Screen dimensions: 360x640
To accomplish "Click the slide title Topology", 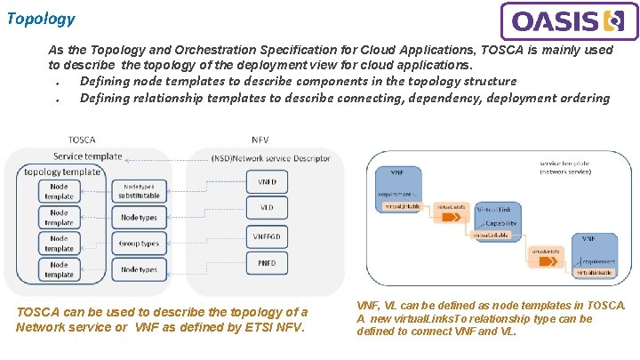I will pyautogui.click(x=41, y=18).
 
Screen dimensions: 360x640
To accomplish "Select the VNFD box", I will pyautogui.click(x=266, y=182).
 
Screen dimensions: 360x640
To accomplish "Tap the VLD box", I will pyautogui.click(x=266, y=209).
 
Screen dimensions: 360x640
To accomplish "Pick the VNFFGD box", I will pyautogui.click(x=266, y=236).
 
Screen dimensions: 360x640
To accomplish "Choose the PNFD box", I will pyautogui.click(x=266, y=263).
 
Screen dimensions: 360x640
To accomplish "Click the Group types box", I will pyautogui.click(x=139, y=243).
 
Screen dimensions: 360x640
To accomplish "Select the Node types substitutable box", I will pyautogui.click(x=139, y=191).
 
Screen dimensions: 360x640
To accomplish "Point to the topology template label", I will pyautogui.click(x=62, y=172).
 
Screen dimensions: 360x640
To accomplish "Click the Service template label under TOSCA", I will pyautogui.click(x=87, y=156).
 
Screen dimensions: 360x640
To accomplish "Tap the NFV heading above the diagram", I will pyautogui.click(x=260, y=140).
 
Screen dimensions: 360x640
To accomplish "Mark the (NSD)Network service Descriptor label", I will pyautogui.click(x=271, y=158).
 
